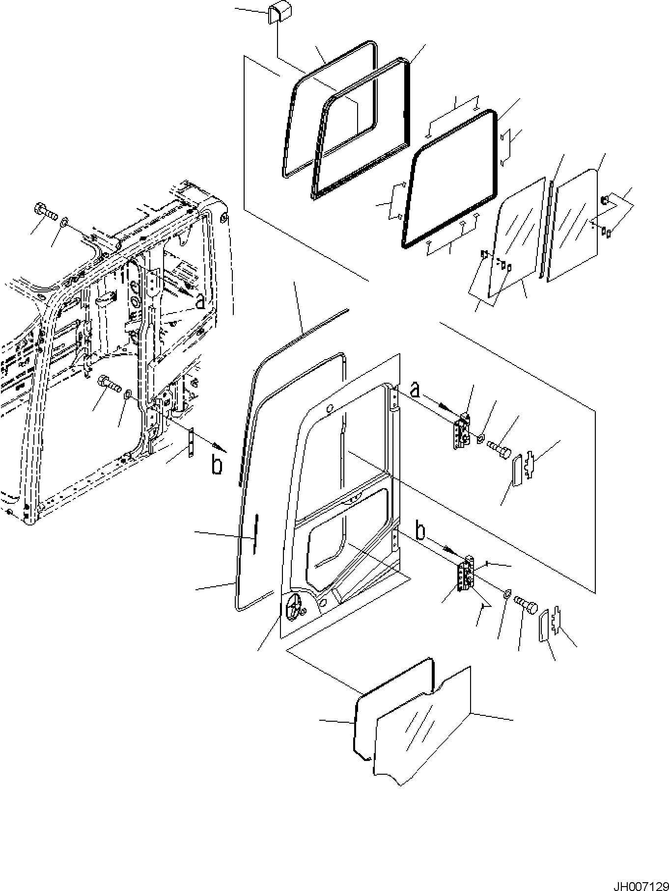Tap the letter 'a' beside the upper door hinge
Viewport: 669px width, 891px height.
[415, 390]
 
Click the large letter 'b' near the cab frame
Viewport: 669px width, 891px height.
[217, 464]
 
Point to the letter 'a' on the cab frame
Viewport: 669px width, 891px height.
[200, 301]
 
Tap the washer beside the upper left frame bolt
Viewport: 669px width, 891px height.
[64, 224]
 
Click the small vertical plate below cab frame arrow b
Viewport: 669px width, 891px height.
[192, 444]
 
